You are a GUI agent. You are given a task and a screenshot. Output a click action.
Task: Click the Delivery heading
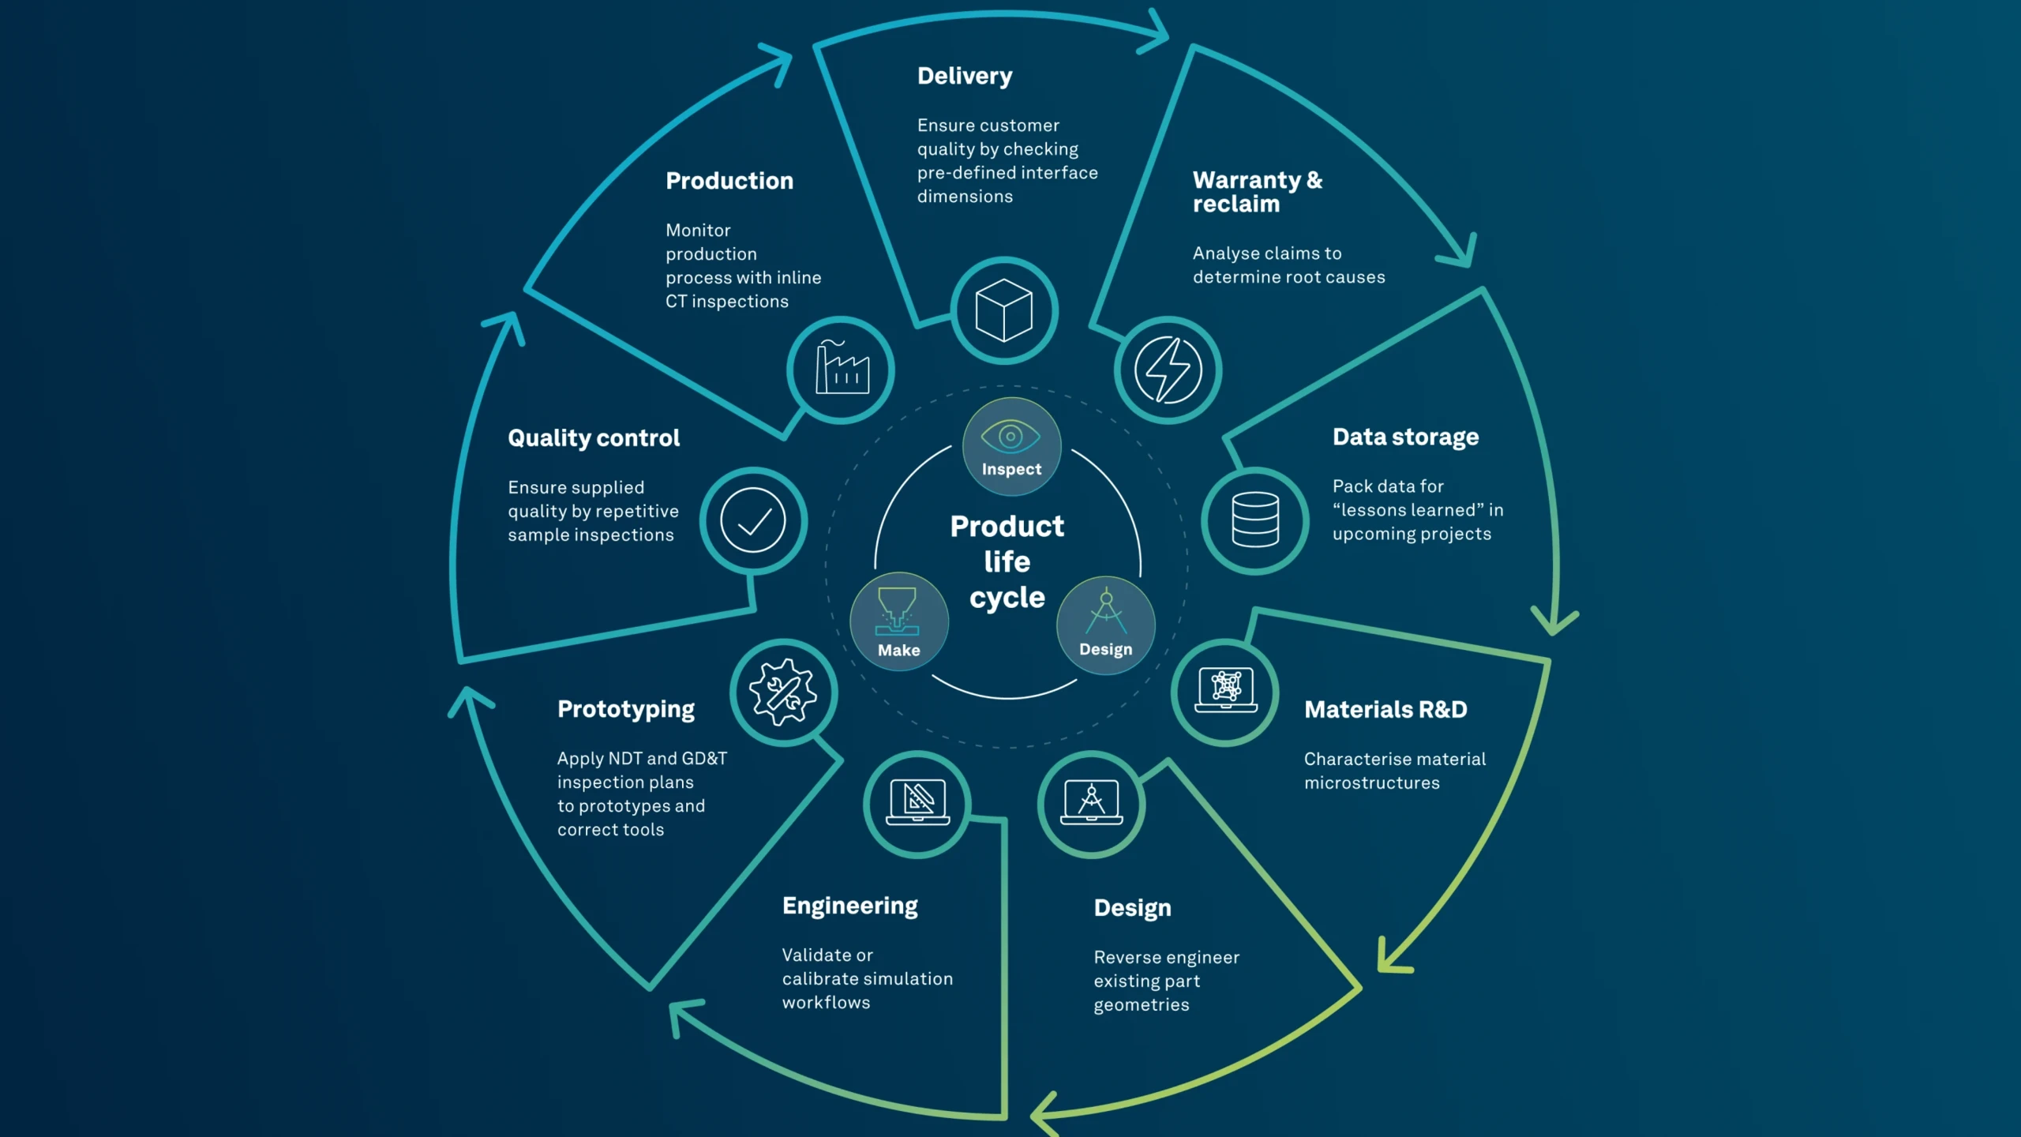point(964,77)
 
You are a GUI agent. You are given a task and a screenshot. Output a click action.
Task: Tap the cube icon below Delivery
point(1004,310)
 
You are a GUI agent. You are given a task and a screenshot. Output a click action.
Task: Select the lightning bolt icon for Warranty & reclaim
point(1168,370)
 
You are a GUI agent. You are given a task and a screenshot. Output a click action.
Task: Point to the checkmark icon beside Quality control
point(753,521)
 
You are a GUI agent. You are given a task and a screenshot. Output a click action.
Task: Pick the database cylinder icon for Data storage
point(1255,520)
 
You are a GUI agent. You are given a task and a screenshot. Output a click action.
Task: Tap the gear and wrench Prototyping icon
point(783,692)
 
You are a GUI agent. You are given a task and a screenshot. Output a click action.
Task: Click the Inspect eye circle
point(1011,447)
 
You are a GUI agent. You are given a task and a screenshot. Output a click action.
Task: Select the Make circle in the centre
point(899,621)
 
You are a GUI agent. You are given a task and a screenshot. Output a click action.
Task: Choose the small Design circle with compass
point(1106,625)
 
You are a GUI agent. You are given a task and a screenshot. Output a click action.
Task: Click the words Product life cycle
point(1007,561)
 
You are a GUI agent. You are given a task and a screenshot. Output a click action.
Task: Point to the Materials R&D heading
point(1385,710)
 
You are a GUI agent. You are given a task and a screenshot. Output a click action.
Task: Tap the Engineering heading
point(850,906)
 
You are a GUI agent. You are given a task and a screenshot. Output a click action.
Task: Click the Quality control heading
point(594,438)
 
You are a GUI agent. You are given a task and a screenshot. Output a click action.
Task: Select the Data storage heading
point(1405,437)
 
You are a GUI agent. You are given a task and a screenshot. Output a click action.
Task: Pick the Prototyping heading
point(626,710)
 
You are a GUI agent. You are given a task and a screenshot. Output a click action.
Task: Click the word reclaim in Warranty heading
point(1236,205)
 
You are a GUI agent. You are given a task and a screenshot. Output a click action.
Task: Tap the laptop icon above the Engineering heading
point(917,802)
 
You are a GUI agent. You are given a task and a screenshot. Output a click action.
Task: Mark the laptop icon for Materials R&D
point(1226,690)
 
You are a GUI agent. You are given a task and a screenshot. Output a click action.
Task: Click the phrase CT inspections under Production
point(727,302)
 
